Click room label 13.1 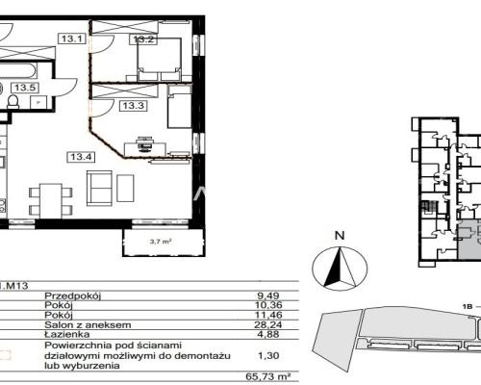(x=72, y=38)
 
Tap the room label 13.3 (x=133, y=105)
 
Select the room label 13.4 (x=81, y=157)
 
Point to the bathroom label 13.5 (x=25, y=88)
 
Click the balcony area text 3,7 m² (x=161, y=242)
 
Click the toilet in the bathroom (x=13, y=101)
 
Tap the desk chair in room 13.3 (x=143, y=143)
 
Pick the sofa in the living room (x=99, y=188)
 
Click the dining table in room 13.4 (x=51, y=201)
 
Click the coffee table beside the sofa (x=125, y=188)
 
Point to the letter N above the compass (x=340, y=236)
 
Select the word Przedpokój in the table (x=72, y=295)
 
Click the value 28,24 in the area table (x=268, y=324)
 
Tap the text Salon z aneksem (x=88, y=324)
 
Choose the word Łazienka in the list (x=67, y=334)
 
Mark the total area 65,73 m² (x=268, y=376)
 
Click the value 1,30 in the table (x=268, y=355)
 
